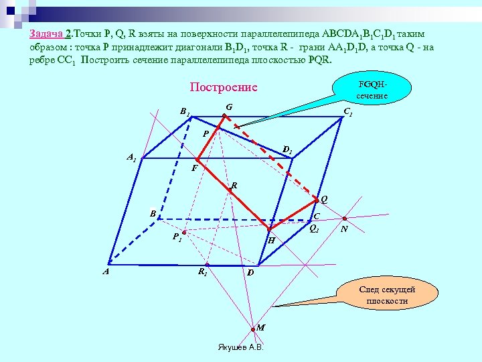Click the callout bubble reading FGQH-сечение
pyautogui.click(x=372, y=90)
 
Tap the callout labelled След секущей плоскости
pyautogui.click(x=387, y=295)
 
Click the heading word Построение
pyautogui.click(x=224, y=88)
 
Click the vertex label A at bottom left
pyautogui.click(x=105, y=271)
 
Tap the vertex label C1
pyautogui.click(x=347, y=113)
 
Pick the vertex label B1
pyautogui.click(x=184, y=112)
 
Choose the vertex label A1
pyautogui.click(x=132, y=158)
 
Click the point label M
pyautogui.click(x=261, y=327)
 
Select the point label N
pyautogui.click(x=343, y=229)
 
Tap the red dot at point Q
pyautogui.click(x=316, y=200)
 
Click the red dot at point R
pyautogui.click(x=230, y=191)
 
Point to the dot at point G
pyautogui.click(x=224, y=116)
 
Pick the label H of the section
pyautogui.click(x=272, y=239)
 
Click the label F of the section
pyautogui.click(x=194, y=168)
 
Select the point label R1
pyautogui.click(x=202, y=271)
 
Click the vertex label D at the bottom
pyautogui.click(x=250, y=272)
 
